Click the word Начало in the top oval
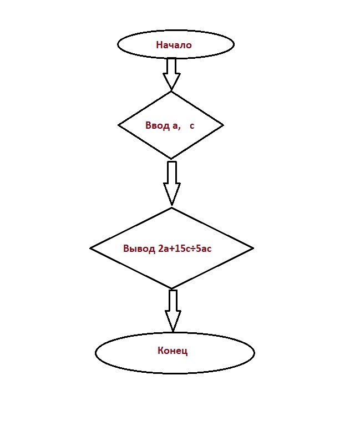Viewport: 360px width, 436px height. point(174,45)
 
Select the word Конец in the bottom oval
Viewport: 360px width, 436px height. point(173,351)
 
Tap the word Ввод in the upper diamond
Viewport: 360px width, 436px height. point(158,125)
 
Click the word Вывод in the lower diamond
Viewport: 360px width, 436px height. point(139,249)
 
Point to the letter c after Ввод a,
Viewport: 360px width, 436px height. point(192,126)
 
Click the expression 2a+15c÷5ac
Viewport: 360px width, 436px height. point(185,249)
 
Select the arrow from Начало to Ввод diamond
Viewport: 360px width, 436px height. point(171,74)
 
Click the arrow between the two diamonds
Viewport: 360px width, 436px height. point(172,184)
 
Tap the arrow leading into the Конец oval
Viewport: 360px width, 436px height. point(173,311)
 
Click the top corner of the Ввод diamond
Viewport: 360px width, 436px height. point(171,92)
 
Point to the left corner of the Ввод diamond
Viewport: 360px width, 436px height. point(118,125)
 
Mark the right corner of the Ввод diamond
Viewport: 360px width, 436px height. point(223,125)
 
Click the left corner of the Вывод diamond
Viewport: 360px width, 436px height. point(90,248)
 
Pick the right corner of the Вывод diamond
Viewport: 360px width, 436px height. point(253,248)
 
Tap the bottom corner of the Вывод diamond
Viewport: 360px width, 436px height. point(172,289)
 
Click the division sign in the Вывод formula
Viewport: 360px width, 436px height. point(193,249)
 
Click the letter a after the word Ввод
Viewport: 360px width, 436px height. point(175,126)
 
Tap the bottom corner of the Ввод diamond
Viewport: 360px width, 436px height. point(171,159)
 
